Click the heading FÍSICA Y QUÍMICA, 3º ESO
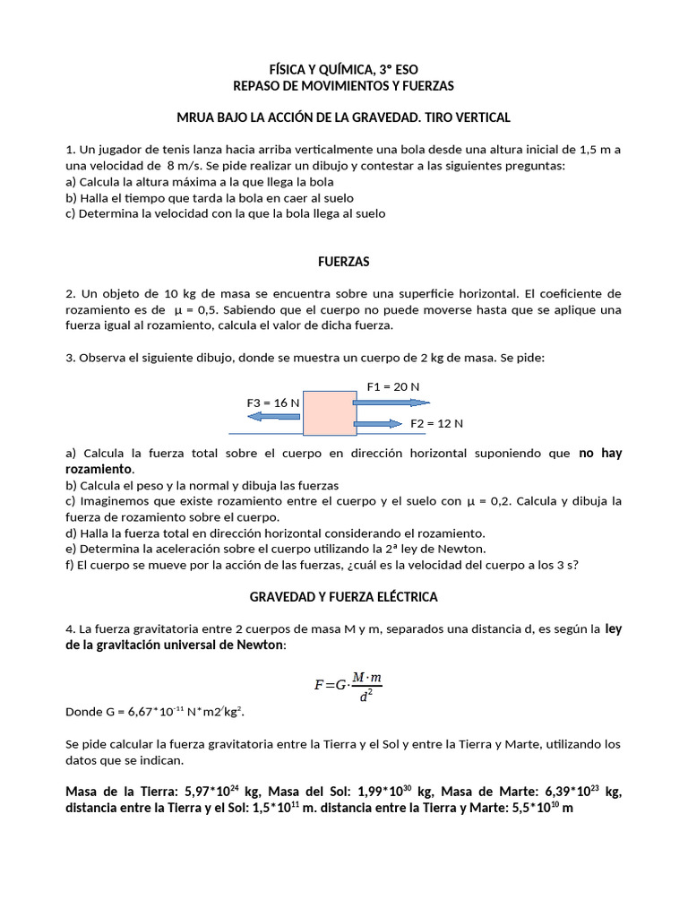tap(344, 69)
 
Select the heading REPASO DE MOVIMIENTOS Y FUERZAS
tap(344, 86)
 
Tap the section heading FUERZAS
tap(344, 262)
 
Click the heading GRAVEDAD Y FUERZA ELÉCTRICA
tap(344, 596)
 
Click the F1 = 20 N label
tap(393, 386)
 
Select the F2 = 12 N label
tap(436, 423)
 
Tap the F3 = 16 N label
tap(272, 403)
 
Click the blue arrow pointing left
tap(274, 417)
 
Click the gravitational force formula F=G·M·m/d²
tap(348, 685)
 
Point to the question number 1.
tap(69, 149)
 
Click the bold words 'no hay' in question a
tap(600, 454)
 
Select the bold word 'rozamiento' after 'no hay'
tap(99, 470)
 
